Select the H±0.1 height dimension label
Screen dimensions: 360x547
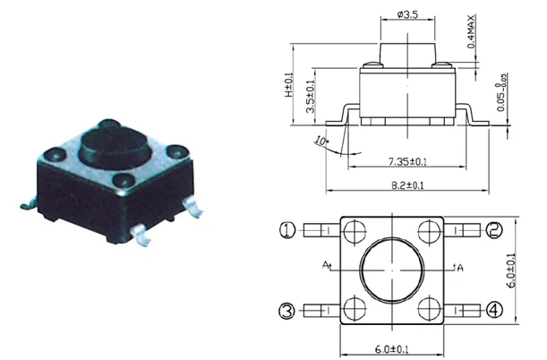coord(290,86)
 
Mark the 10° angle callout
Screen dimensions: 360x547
coord(320,141)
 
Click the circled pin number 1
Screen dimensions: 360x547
coord(287,230)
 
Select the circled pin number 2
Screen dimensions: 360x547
coord(494,230)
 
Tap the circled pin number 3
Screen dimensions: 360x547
coord(287,311)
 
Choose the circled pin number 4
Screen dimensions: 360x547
coord(494,311)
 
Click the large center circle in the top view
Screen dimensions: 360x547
coord(392,270)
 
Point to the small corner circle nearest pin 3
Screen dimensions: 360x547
coord(352,309)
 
